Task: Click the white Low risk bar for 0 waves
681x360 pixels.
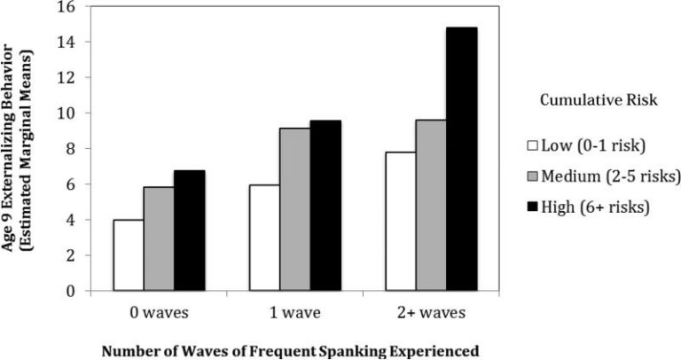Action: [129, 255]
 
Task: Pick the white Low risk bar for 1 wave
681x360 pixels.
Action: [264, 238]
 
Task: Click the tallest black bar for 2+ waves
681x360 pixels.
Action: [461, 160]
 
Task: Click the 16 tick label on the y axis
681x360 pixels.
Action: [67, 7]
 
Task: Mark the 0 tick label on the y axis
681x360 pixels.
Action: [70, 291]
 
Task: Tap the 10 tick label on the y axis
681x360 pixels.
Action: [67, 113]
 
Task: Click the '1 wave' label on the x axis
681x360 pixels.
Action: [294, 312]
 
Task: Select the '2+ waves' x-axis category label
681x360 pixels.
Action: [430, 312]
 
